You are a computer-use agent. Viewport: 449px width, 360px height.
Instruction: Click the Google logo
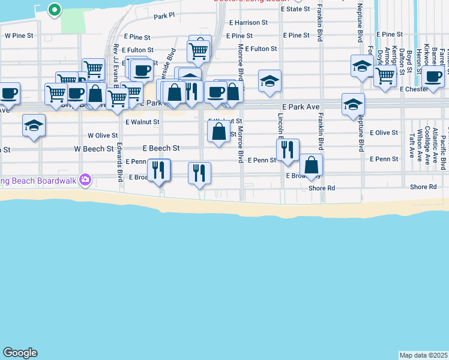coord(20,353)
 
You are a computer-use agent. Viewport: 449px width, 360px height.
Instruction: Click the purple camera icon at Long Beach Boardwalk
coord(85,179)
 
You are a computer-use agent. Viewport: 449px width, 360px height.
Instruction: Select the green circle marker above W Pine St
coord(54,9)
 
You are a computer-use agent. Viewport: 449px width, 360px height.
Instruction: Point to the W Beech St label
coord(94,148)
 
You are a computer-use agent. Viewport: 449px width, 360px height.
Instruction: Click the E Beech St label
coord(161,148)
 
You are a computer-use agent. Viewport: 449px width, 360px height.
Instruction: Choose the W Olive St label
coord(103,136)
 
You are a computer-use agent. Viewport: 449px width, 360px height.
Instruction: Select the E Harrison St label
coord(247,23)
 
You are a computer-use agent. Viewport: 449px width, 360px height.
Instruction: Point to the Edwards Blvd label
coord(120,160)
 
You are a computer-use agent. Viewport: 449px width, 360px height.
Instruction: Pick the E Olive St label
coord(384,132)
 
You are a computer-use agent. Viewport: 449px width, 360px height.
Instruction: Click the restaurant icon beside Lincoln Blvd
coord(288,150)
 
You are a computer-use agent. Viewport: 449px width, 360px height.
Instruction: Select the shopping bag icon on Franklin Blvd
coord(312,165)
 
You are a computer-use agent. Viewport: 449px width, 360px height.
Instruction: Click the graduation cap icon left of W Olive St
coord(34,126)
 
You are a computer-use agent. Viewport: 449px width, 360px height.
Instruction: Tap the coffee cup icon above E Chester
coord(432,76)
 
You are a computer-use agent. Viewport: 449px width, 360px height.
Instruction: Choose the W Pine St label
coord(19,35)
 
